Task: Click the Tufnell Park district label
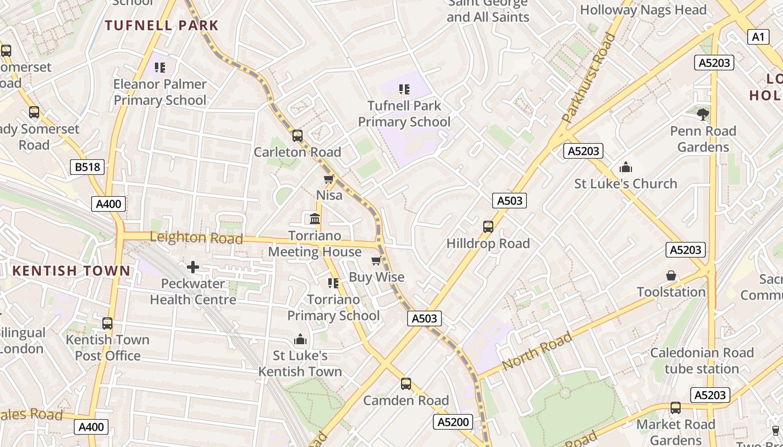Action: pos(162,25)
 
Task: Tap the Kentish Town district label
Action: pos(71,271)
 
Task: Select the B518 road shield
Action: pos(87,167)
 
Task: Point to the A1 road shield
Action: pos(757,37)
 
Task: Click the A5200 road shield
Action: pos(452,422)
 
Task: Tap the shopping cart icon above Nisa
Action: pos(329,179)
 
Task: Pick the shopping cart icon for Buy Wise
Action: pos(376,261)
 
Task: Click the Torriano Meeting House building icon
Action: pos(315,219)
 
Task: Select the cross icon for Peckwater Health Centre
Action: pos(193,267)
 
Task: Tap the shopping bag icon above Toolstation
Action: pos(671,276)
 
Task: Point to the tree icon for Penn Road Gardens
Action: pos(703,115)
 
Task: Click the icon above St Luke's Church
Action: pos(625,167)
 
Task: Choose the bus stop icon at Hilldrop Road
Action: pos(488,227)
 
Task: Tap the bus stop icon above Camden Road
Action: pos(406,384)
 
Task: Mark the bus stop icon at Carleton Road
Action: pos(298,136)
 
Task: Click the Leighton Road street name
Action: pos(196,237)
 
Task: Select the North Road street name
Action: pos(537,350)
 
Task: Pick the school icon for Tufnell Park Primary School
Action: pos(404,89)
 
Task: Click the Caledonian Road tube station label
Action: pos(702,361)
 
